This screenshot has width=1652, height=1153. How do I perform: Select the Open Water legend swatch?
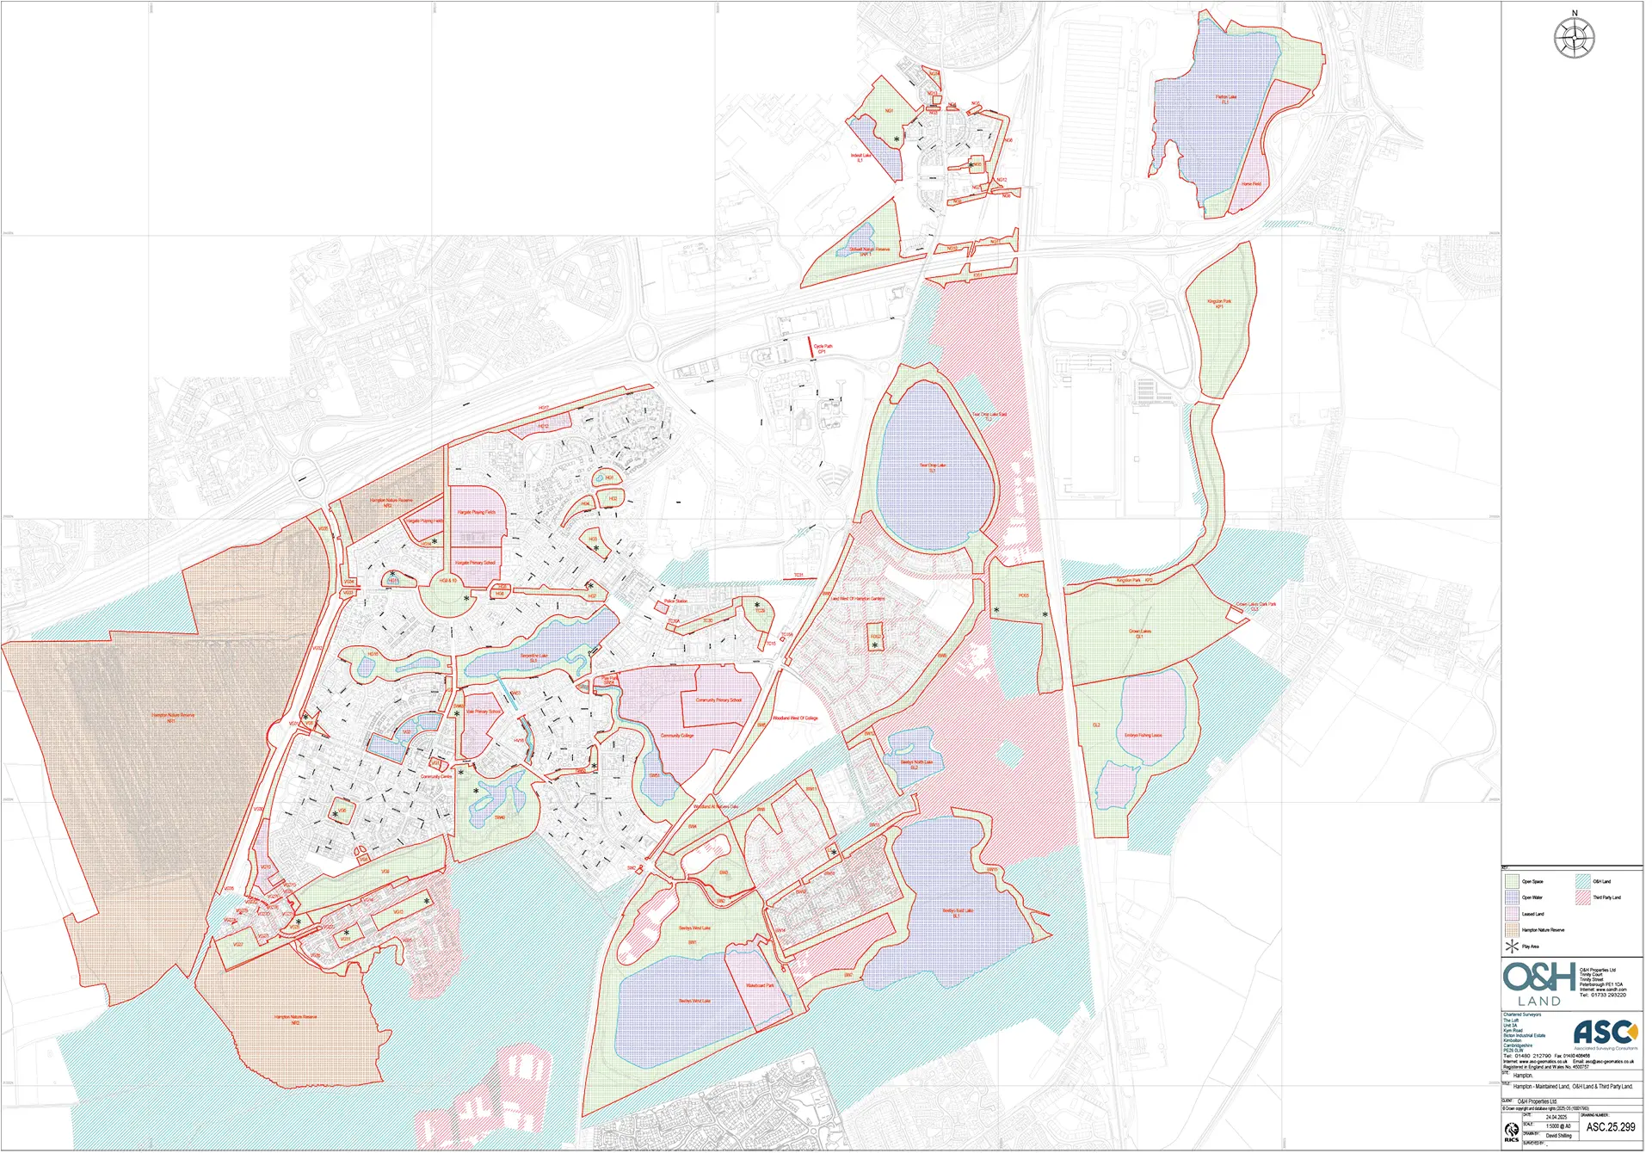[1512, 897]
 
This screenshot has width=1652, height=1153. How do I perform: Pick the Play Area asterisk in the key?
[1512, 946]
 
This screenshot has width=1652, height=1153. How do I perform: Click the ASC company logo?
[1605, 1032]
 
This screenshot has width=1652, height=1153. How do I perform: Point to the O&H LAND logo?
[1539, 983]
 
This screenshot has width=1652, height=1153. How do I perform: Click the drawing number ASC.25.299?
[1611, 1127]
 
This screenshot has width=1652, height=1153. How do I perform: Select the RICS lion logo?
[1512, 1131]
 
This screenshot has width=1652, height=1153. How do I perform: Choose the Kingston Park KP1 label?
[1219, 303]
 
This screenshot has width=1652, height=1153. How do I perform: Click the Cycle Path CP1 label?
[823, 348]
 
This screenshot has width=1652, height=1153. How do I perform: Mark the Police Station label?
[675, 601]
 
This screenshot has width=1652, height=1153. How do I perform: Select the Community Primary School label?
[718, 700]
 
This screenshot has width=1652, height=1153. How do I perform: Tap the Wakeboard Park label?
[760, 985]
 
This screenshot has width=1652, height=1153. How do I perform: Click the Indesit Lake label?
[861, 157]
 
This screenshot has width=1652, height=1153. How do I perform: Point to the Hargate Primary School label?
[475, 563]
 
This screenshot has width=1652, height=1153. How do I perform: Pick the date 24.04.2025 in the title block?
[1556, 1117]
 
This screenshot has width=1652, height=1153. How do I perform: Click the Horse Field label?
[1251, 184]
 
